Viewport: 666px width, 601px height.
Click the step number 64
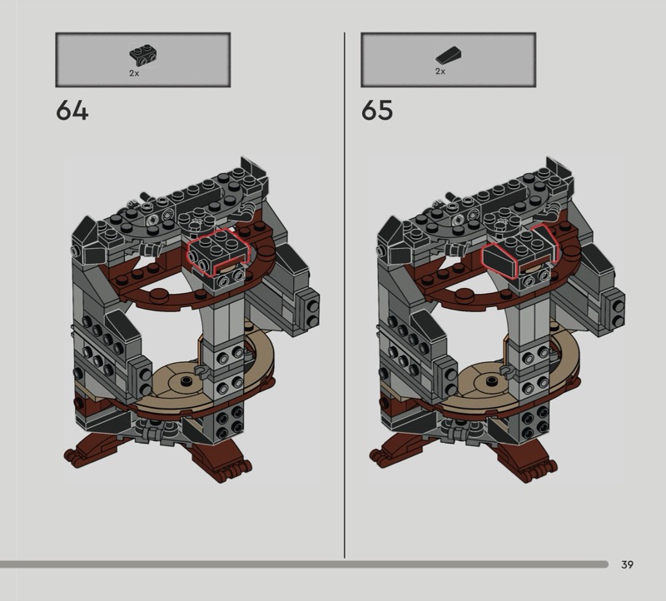pos(72,110)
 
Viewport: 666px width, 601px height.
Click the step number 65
pos(377,110)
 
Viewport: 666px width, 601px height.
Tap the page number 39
pos(627,564)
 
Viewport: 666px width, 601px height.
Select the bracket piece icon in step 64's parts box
pos(143,56)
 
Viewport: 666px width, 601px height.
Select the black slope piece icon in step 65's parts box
pos(449,55)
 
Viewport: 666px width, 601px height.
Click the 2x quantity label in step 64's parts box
pos(134,73)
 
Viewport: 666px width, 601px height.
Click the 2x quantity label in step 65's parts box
pos(440,72)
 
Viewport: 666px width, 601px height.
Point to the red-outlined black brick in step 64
pos(217,253)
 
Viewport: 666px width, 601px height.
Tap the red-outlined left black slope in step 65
pos(499,259)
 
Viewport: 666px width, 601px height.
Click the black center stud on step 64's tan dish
pos(185,381)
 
